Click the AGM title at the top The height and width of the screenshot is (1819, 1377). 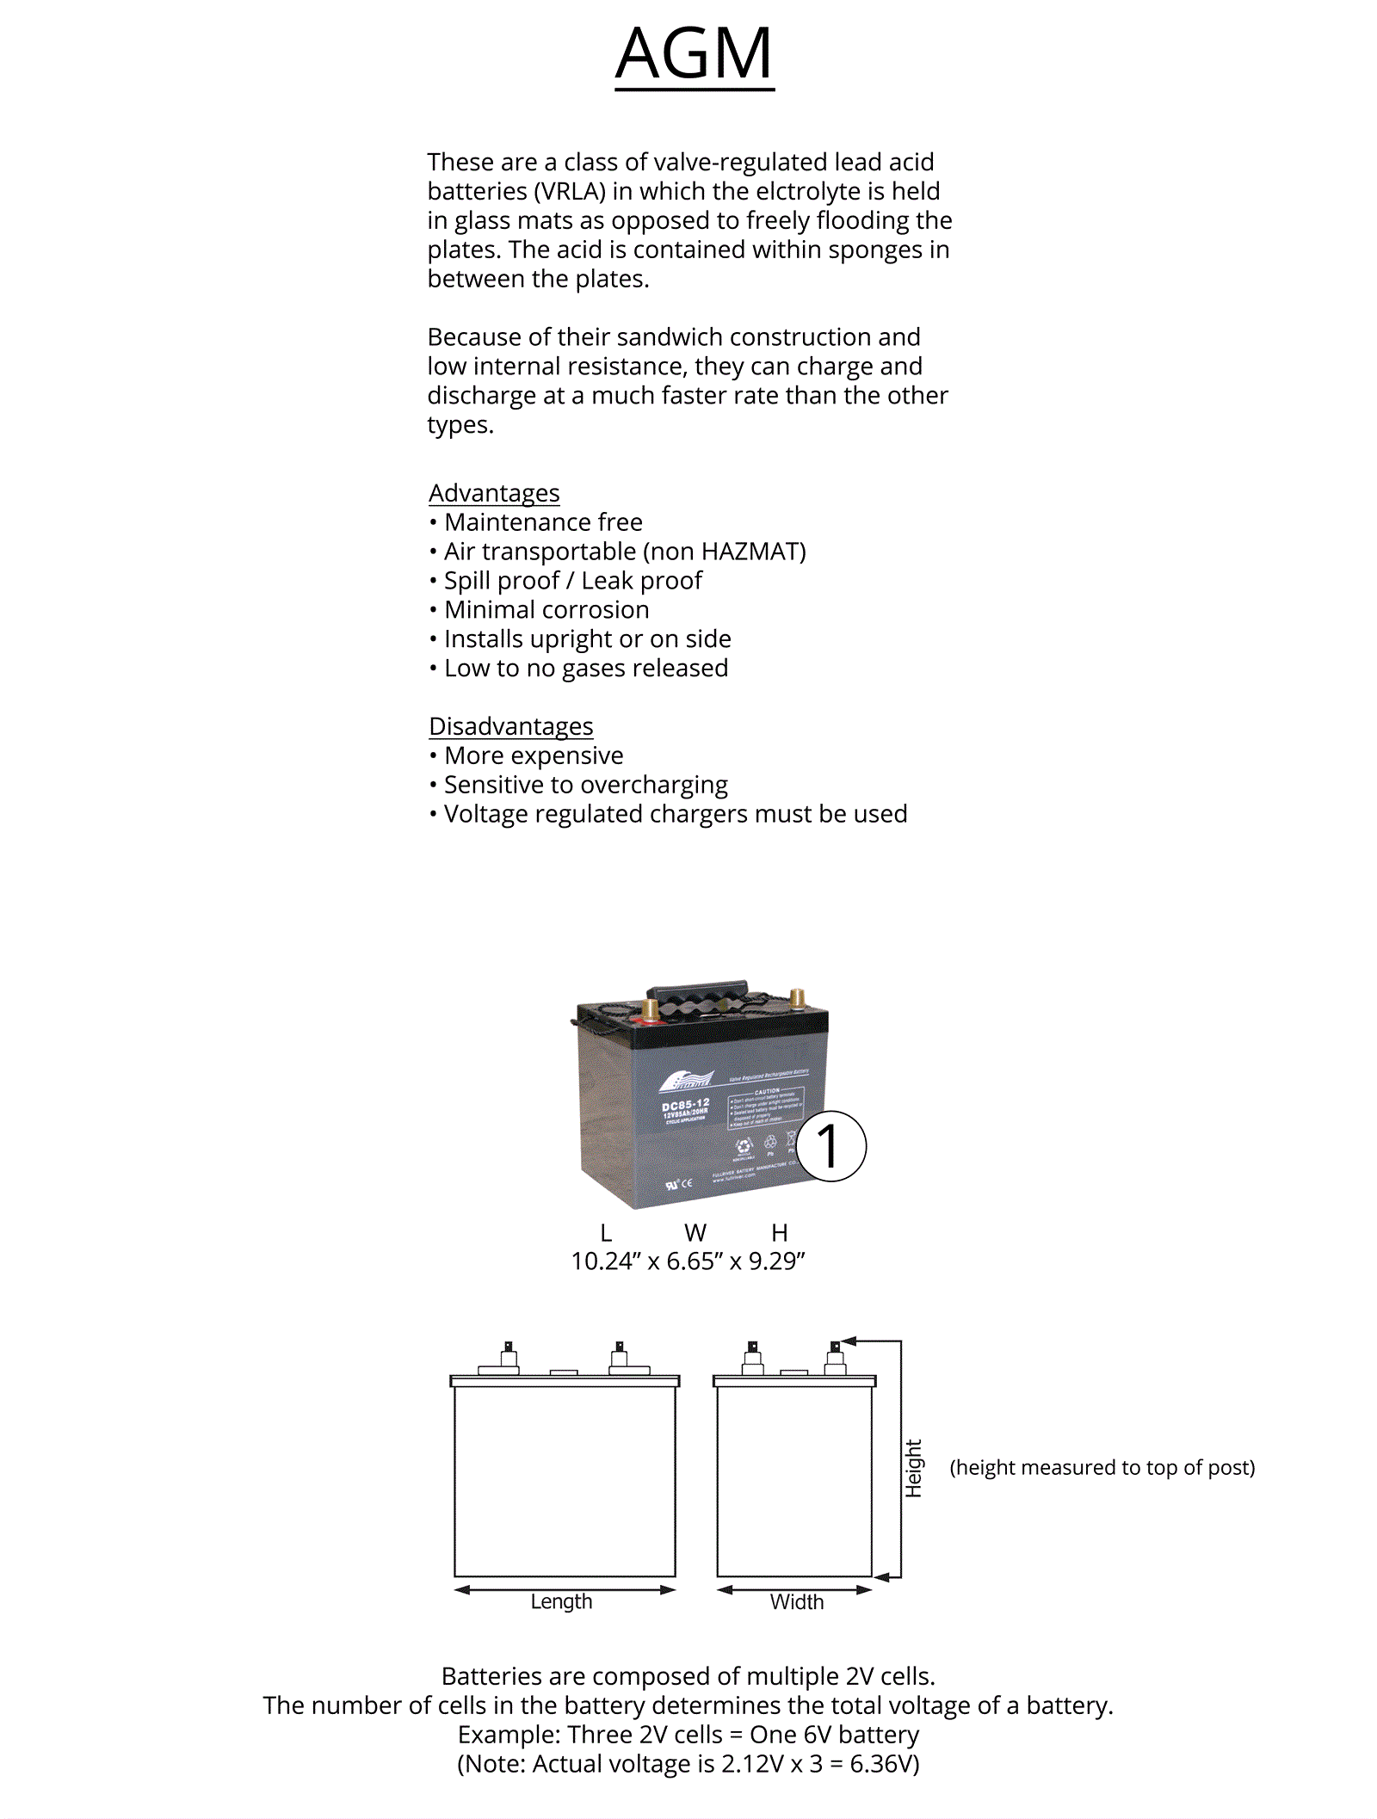coord(694,53)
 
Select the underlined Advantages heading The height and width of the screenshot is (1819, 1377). coord(494,493)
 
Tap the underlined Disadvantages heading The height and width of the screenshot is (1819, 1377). coord(510,726)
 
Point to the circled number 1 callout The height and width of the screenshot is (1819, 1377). coord(831,1146)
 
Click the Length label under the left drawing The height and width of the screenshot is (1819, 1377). coord(561,1601)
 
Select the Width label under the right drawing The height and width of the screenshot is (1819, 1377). coord(797,1601)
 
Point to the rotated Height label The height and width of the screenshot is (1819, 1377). coord(913,1468)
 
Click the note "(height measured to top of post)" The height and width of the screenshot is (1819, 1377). coord(1102,1467)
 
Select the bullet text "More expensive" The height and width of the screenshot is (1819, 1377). coord(534,755)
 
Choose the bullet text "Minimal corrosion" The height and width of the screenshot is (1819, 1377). coord(546,610)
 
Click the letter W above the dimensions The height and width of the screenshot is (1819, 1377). coord(695,1233)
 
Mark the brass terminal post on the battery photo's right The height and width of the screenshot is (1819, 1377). coord(797,998)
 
